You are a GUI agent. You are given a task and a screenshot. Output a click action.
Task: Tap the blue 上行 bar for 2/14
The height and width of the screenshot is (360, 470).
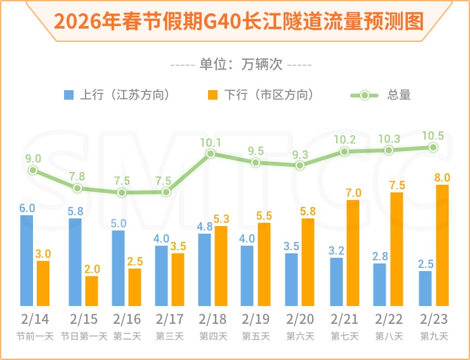[x=27, y=260]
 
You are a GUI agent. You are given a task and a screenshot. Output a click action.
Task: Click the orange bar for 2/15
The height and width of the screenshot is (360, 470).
[x=92, y=291]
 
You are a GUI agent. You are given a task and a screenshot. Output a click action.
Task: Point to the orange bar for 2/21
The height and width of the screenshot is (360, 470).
[x=353, y=253]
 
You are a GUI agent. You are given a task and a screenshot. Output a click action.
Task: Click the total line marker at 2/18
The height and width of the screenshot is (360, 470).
[x=211, y=154]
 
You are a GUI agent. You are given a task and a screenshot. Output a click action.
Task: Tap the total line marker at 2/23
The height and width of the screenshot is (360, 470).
[x=433, y=147]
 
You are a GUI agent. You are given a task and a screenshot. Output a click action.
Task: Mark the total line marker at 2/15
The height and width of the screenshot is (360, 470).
[x=77, y=188]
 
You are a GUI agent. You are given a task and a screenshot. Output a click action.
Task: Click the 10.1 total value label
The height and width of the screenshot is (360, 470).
[x=211, y=143]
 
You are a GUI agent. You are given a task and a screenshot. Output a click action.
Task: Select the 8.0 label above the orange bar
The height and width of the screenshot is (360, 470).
[x=442, y=177]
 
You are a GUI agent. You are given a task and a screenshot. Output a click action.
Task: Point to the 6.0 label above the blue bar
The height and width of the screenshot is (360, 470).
[x=27, y=208]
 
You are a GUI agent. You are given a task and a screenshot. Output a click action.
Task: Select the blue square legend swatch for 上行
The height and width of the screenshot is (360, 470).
[x=69, y=95]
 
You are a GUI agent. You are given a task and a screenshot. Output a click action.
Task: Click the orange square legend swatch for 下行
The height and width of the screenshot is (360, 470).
[x=212, y=95]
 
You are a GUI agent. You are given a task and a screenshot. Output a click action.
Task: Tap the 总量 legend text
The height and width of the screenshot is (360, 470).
[x=399, y=95]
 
